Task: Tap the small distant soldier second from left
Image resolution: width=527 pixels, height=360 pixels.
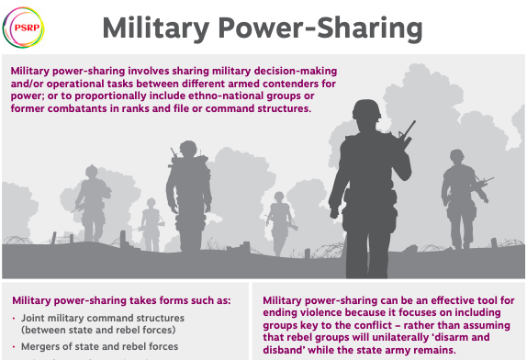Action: tap(150, 220)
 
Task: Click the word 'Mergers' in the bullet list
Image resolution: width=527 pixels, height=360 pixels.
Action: tap(43, 346)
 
